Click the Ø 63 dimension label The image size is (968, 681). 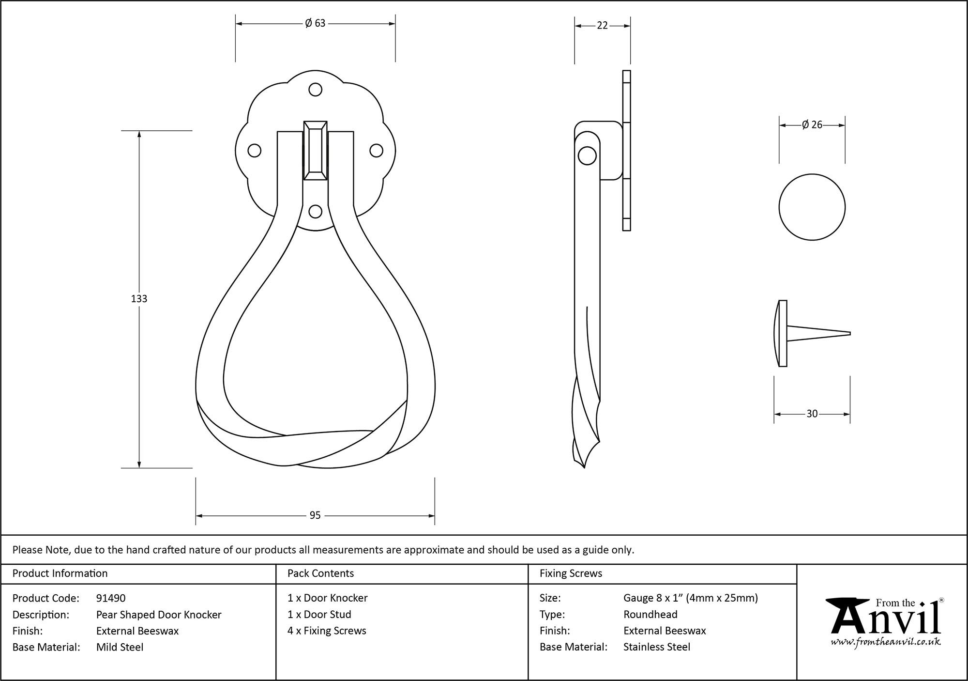click(x=315, y=23)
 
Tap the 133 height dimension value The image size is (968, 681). click(x=139, y=299)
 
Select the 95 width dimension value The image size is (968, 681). click(x=315, y=515)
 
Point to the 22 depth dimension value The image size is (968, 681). click(x=602, y=26)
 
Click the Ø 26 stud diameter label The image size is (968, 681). click(x=812, y=125)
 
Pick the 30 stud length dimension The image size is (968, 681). click(x=812, y=414)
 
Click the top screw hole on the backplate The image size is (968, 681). click(x=315, y=90)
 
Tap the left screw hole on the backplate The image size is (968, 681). click(x=254, y=151)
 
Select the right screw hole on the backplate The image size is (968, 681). click(x=376, y=151)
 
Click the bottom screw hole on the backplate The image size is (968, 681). click(x=315, y=212)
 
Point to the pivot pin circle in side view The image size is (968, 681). click(x=587, y=155)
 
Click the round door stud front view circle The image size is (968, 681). click(x=812, y=207)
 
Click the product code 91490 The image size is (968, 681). click(x=111, y=598)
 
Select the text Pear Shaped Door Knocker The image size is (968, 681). click(x=159, y=615)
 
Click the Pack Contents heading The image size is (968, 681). click(x=320, y=573)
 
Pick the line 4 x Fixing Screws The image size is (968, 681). click(x=327, y=631)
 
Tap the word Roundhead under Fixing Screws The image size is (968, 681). click(x=650, y=615)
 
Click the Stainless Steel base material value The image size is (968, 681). click(x=657, y=647)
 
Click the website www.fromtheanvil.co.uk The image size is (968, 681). click(x=886, y=642)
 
